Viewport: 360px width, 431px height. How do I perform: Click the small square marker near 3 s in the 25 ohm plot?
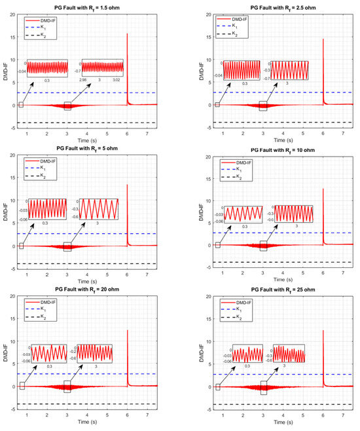point(264,387)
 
